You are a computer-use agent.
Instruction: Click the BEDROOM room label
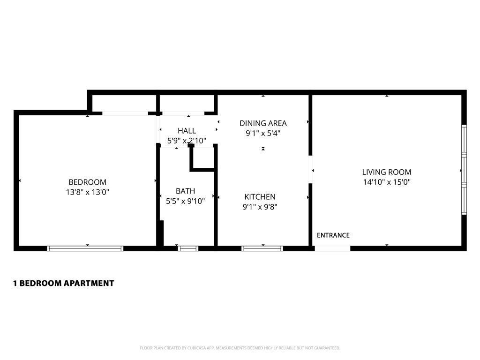[x=87, y=182]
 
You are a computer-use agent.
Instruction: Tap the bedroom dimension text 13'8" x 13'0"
[x=87, y=192]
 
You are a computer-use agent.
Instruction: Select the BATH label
[x=185, y=191]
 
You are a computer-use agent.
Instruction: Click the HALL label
[x=187, y=131]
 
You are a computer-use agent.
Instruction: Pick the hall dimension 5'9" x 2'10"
[x=187, y=140]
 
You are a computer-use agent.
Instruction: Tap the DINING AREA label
[x=263, y=123]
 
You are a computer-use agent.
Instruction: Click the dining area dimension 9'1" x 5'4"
[x=263, y=133]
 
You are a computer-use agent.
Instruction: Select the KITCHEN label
[x=260, y=197]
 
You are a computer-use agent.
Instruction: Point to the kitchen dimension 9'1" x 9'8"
[x=260, y=207]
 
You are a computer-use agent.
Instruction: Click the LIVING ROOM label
[x=387, y=172]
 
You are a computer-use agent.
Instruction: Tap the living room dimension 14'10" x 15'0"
[x=387, y=182]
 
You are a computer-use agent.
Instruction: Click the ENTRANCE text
[x=333, y=235]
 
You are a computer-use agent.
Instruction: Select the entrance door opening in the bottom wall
[x=332, y=248]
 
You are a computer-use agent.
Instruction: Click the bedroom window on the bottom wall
[x=85, y=248]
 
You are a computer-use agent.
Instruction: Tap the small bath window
[x=188, y=248]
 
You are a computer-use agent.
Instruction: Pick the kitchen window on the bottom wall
[x=262, y=248]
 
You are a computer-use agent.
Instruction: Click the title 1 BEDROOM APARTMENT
[x=63, y=283]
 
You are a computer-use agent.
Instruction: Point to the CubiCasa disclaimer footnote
[x=240, y=348]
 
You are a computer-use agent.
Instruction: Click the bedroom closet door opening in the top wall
[x=125, y=113]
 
